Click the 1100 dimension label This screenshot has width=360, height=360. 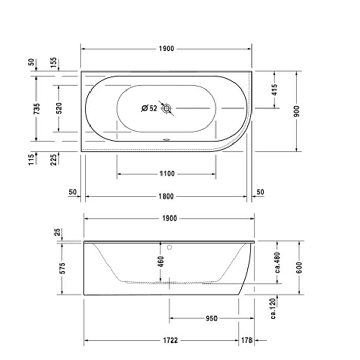pos(167,174)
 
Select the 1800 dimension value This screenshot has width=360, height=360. pos(167,196)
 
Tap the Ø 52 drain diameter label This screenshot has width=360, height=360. pos(149,109)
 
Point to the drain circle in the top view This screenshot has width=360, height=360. pos(167,109)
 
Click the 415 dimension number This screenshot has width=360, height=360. pos(274,91)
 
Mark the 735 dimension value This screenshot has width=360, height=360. pos(36,108)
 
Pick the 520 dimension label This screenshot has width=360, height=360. pos(59,108)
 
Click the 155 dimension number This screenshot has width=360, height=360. pos(54,63)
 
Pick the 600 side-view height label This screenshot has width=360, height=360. pos(299,267)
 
